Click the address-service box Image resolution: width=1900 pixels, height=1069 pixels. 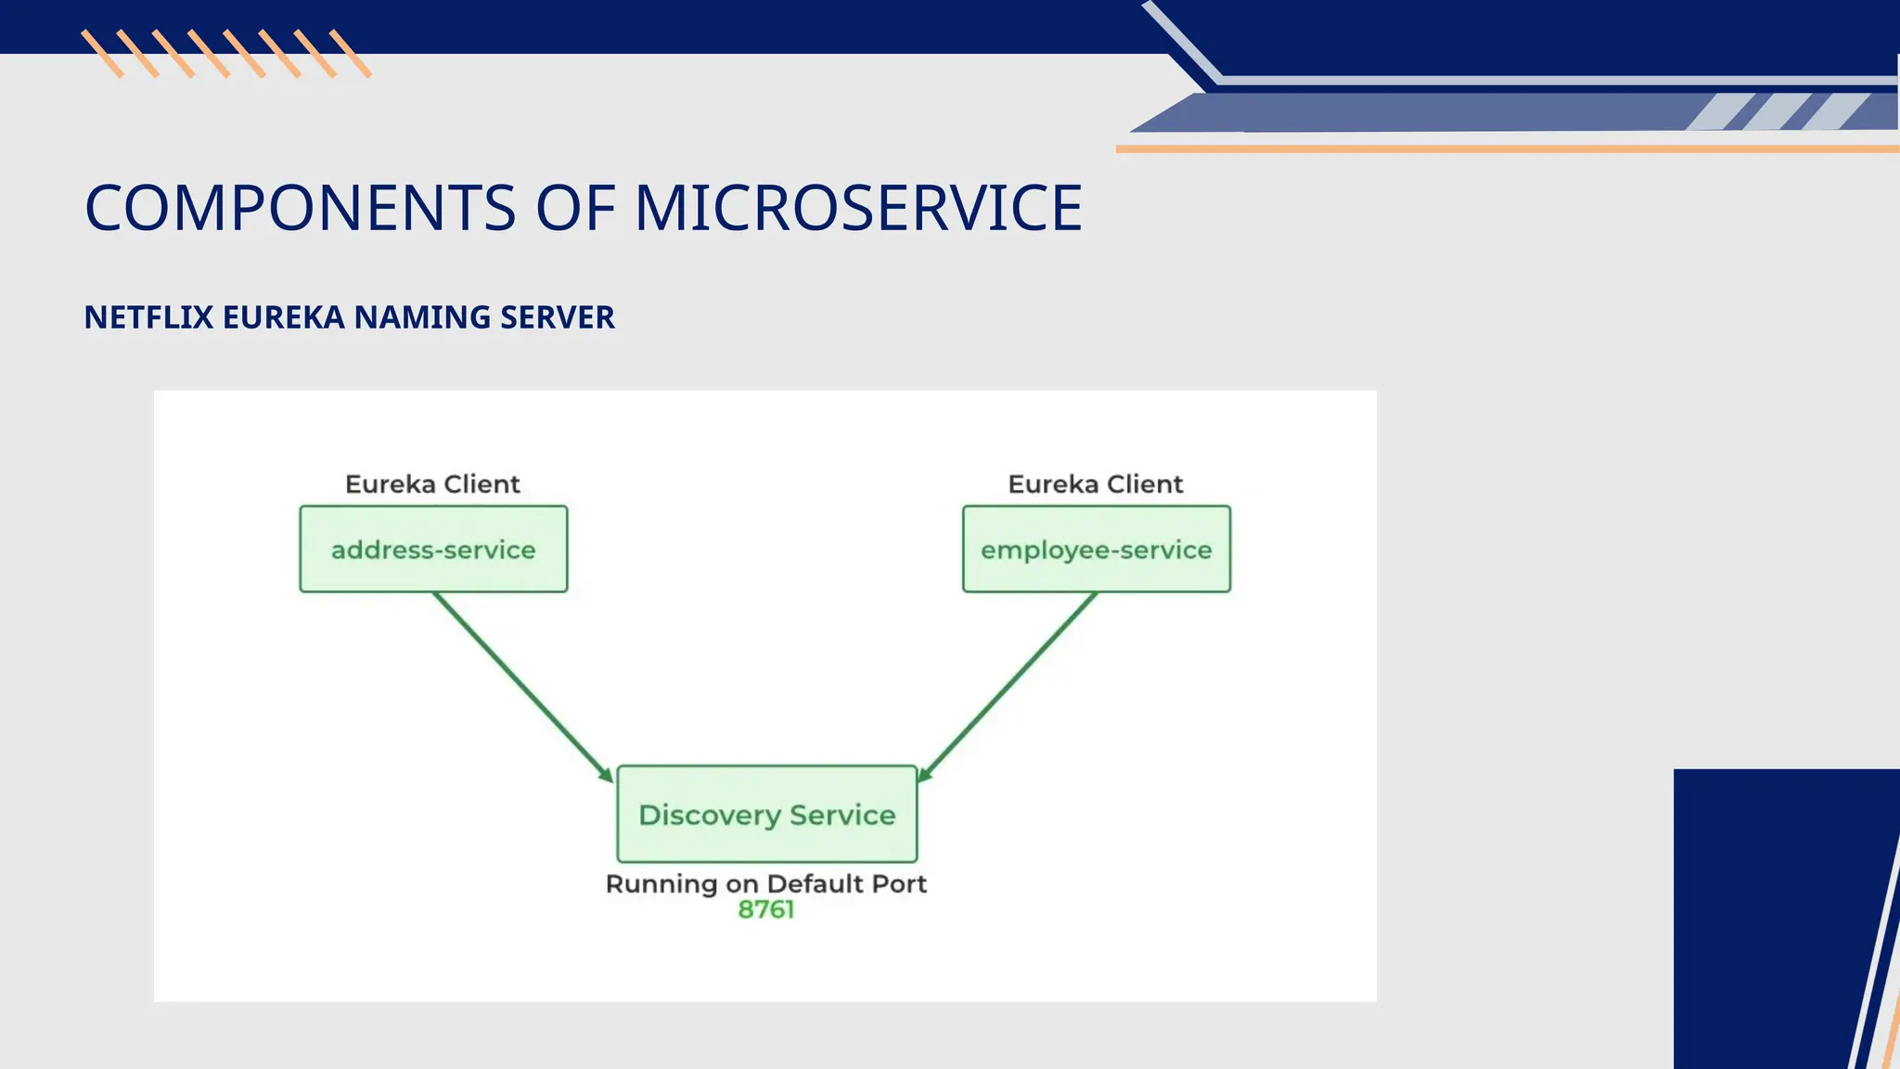433,549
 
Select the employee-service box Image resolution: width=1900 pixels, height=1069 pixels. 1096,549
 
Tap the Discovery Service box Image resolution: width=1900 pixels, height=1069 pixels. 766,815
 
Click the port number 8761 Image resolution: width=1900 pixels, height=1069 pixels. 766,910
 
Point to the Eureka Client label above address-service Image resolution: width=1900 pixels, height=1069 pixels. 432,484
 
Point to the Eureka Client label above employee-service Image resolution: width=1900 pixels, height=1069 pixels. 1095,484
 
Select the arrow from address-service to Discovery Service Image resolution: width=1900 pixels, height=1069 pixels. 522,687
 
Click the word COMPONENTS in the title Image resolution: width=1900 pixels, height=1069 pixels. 300,208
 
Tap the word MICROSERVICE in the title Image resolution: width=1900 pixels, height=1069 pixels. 858,208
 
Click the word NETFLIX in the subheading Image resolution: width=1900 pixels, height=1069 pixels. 148,317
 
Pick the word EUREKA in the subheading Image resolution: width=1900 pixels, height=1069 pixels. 284,317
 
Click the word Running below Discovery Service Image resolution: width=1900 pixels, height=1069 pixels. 661,884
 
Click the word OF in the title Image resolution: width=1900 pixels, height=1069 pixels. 575,208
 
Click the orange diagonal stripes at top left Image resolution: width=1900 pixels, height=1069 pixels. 226,54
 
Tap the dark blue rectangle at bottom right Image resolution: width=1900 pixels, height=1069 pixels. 1763,919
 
